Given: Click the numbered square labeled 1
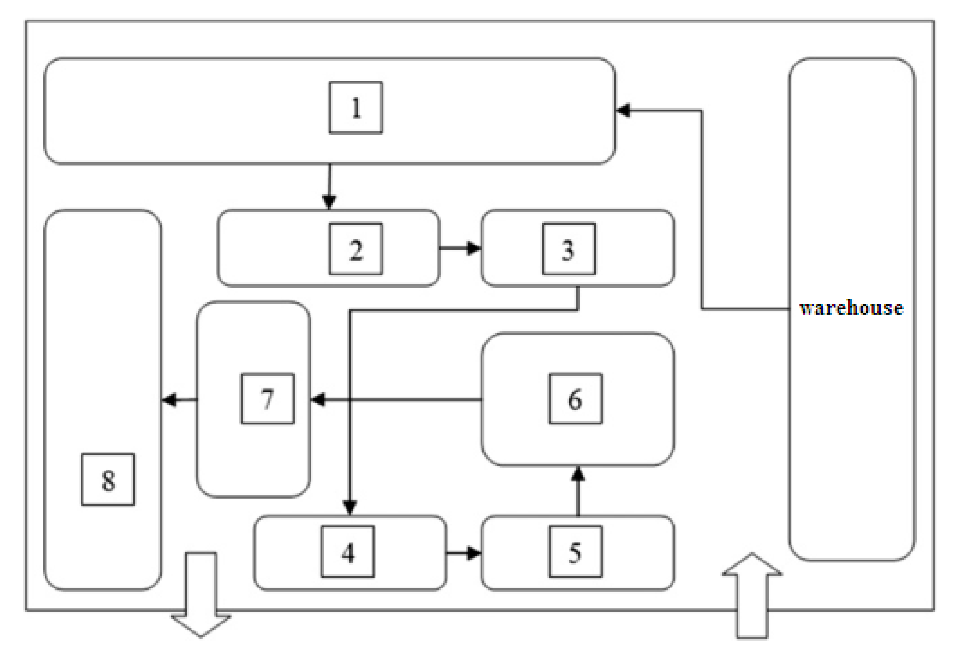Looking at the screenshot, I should coord(356,108).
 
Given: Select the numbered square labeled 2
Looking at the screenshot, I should coord(356,249).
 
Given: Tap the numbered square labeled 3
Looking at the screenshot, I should coord(569,249).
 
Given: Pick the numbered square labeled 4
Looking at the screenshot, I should coord(348,551).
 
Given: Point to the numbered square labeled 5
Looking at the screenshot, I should coord(576,551).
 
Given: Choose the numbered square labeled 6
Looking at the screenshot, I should coord(576,398).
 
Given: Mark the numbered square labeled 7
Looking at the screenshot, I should coord(267,398).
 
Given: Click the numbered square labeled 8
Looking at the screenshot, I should coord(108,479).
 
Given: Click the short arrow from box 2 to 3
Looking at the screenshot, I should coord(460,248).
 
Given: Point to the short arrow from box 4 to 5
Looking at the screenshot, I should coord(463,554).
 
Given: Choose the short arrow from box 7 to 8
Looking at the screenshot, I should coord(179,400).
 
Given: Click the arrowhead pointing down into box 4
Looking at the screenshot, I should coord(350,507).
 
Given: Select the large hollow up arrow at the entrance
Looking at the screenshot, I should coord(752,595).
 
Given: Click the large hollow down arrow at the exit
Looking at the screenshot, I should coord(201,595).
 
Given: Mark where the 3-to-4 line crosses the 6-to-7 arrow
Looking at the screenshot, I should coord(350,400).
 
